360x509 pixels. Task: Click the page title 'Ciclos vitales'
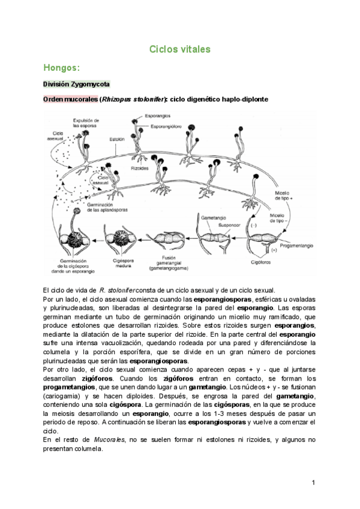pos(179,50)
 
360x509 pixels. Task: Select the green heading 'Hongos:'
pos(62,68)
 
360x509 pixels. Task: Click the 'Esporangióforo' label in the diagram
pos(166,127)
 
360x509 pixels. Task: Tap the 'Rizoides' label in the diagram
pos(140,169)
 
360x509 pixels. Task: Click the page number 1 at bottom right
pos(313,482)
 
